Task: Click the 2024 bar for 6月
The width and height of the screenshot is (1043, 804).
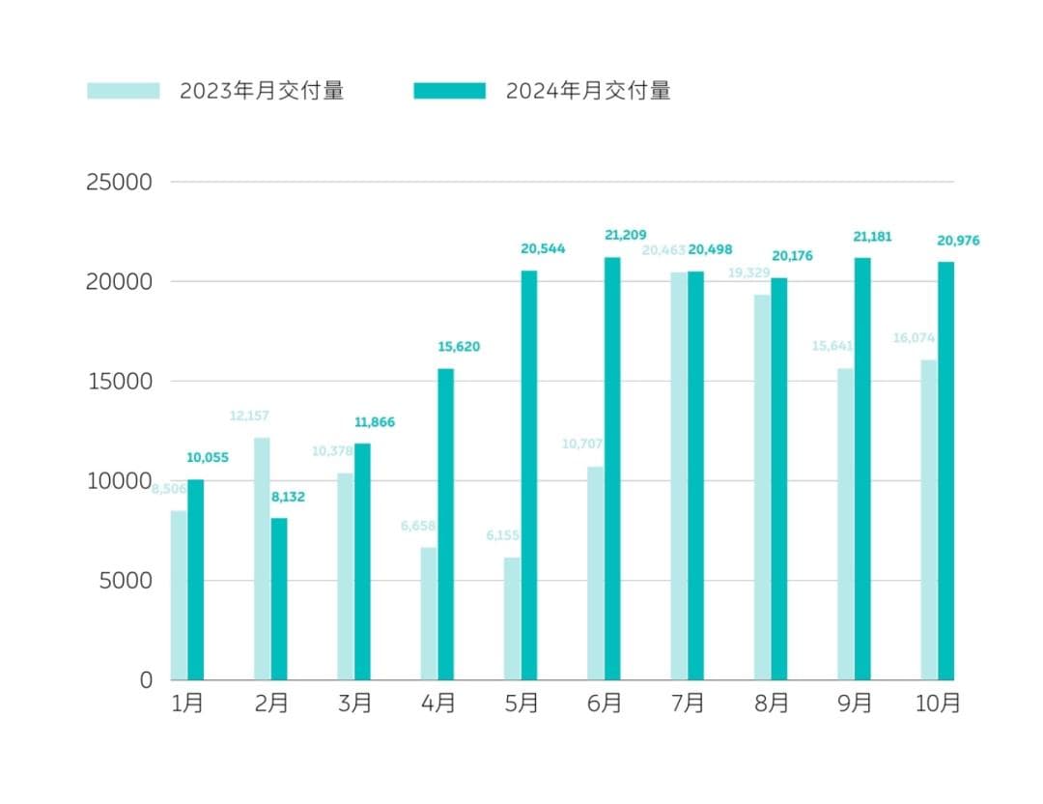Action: (612, 469)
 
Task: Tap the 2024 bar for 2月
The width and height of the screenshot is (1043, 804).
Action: (279, 599)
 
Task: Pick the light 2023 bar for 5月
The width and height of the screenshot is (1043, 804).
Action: (512, 618)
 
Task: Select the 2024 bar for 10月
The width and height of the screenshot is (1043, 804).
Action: (945, 471)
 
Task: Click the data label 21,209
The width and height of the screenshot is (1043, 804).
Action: (625, 235)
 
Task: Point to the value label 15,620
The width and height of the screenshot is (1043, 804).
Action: (459, 347)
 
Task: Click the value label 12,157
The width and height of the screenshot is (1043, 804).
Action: (249, 416)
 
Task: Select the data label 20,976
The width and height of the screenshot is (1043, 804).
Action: (958, 241)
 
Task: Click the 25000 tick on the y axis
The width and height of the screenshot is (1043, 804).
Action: (120, 182)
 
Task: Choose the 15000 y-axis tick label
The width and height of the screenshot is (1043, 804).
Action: (120, 381)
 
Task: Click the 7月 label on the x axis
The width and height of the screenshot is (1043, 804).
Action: (688, 703)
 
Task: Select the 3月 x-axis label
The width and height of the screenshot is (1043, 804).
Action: (354, 703)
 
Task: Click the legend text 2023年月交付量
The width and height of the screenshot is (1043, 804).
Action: (262, 91)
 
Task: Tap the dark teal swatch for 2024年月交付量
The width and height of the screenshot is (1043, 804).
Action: (449, 91)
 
